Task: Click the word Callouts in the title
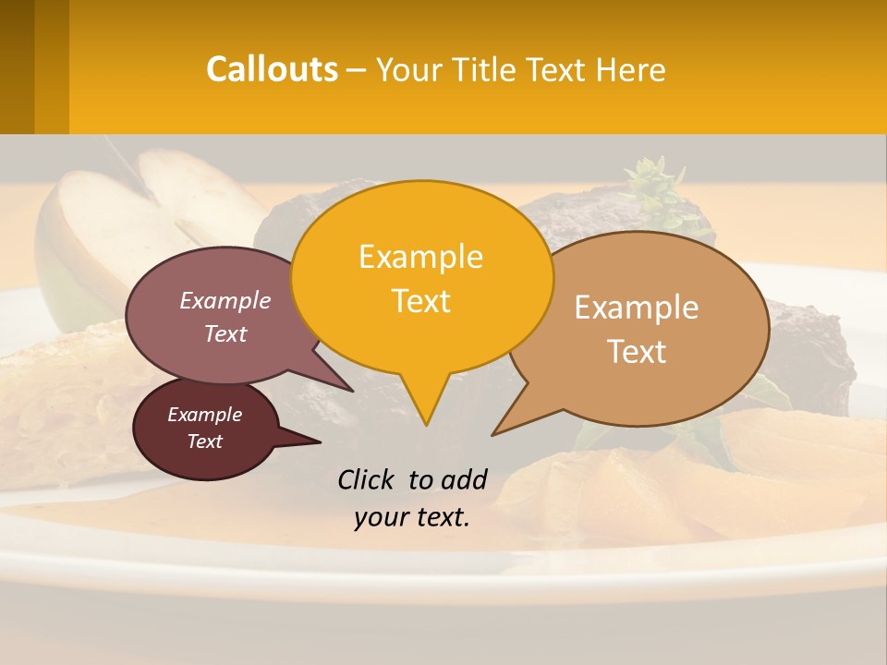(272, 69)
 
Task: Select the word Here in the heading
(631, 69)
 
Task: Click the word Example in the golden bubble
(420, 257)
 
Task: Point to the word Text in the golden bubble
(420, 301)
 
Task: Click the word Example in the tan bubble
(637, 308)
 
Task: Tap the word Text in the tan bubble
(637, 352)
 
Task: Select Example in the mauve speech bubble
(225, 300)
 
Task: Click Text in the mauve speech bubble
(225, 333)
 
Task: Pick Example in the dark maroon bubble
(204, 415)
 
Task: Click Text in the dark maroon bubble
(204, 441)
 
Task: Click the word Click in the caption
(368, 479)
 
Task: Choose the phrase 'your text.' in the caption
(412, 517)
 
